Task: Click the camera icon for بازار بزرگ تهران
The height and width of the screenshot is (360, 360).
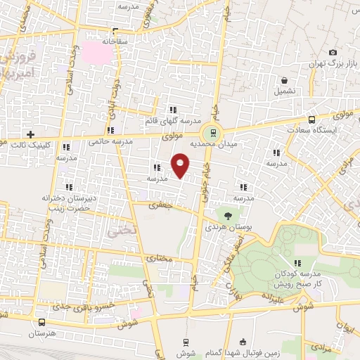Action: (x=333, y=53)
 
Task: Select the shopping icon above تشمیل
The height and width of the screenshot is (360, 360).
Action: (x=284, y=81)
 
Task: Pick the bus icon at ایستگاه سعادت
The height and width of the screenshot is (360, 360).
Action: (x=311, y=120)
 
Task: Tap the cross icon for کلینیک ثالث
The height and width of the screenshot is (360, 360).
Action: (x=30, y=134)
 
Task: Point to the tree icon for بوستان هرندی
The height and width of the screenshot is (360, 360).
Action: (x=227, y=215)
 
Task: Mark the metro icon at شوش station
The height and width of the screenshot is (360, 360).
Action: (x=185, y=342)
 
